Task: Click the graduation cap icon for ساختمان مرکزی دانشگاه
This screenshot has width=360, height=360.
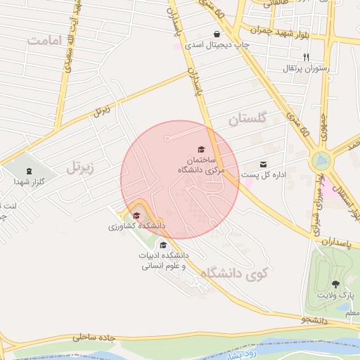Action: [x=201, y=150]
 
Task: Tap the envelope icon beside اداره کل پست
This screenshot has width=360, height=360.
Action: [x=264, y=165]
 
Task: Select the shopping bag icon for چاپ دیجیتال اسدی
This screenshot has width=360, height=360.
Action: [x=217, y=34]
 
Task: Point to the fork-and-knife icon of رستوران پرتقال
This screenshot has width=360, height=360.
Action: [x=306, y=57]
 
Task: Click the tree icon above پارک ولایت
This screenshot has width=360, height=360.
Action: [x=335, y=284]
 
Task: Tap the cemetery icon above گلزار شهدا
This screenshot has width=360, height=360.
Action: [x=29, y=172]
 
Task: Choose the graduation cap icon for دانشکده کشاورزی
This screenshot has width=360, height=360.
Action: [x=136, y=216]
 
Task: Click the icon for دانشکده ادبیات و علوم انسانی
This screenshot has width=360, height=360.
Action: [x=163, y=245]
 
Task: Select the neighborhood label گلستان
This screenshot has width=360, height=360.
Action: [x=249, y=120]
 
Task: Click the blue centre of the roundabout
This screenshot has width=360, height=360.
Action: [x=322, y=161]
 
